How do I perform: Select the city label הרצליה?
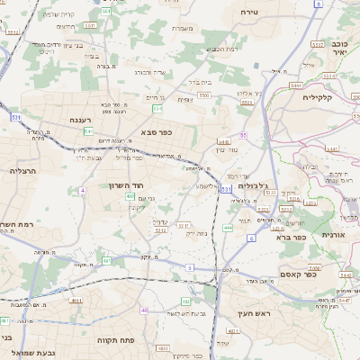click(22, 170)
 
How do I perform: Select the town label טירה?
click(249, 12)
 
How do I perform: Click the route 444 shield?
click(228, 229)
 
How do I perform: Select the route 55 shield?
click(243, 135)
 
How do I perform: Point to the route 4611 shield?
click(76, 301)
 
